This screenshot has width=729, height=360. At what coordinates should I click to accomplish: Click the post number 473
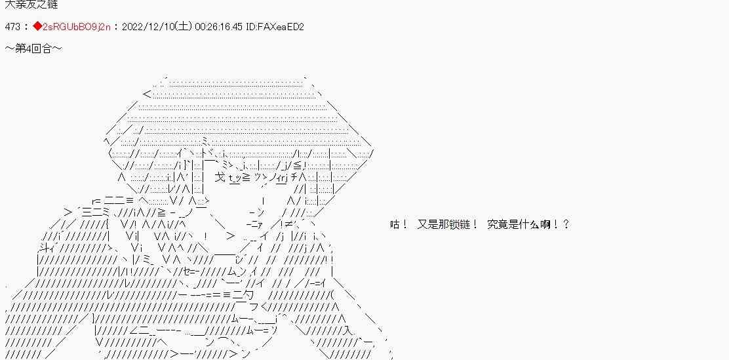click(12, 27)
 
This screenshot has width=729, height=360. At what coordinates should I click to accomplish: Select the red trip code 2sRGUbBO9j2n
click(75, 27)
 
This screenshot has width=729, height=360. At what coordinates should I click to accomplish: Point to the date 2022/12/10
click(147, 27)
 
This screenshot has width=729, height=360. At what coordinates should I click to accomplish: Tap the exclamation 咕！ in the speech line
click(399, 224)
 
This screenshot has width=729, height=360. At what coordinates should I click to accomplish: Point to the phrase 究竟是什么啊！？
click(528, 224)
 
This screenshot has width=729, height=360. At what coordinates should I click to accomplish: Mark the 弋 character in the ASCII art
click(220, 177)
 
